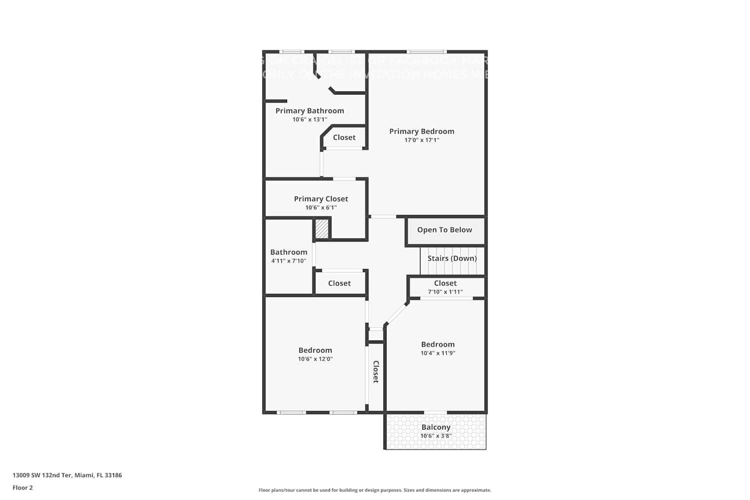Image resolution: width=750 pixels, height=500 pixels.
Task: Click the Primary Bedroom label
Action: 421,131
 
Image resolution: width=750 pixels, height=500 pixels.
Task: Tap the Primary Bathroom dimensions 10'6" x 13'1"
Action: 309,119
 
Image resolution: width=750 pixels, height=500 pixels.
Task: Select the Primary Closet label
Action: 321,199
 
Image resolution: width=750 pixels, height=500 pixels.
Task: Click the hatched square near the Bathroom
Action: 321,229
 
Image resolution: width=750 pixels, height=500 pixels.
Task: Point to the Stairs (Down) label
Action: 452,258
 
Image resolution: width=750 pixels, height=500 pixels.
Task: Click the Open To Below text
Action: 444,230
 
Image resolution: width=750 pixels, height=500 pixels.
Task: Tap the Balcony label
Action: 436,427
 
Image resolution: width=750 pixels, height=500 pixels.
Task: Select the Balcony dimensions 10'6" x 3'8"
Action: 436,436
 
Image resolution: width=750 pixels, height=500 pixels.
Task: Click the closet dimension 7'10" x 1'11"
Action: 445,292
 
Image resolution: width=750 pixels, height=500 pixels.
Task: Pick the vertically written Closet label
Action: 376,372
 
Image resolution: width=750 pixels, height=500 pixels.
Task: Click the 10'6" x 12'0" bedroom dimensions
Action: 315,359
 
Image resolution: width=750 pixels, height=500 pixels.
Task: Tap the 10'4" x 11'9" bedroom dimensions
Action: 437,353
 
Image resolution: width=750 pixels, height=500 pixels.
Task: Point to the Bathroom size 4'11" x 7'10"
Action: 288,261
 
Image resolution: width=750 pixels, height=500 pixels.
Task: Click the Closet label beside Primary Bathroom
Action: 344,137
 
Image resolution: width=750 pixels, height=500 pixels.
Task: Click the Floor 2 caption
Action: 22,487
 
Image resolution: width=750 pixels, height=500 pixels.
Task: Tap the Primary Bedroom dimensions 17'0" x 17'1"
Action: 421,140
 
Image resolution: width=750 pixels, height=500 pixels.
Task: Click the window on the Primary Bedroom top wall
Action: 426,51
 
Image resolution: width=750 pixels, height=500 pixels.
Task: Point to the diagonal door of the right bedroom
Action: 396,314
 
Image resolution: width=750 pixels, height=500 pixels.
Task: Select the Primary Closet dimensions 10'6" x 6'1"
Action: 321,207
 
